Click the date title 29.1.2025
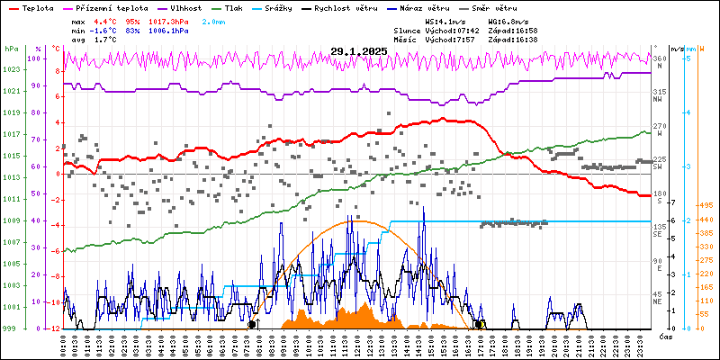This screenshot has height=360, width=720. (x=358, y=51)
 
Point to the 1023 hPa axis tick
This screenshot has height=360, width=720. (x=11, y=69)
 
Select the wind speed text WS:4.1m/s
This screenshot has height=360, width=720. (x=446, y=21)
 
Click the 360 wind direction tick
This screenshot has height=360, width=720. (x=660, y=58)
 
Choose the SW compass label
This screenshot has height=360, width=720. (x=658, y=167)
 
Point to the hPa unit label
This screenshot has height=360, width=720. (x=11, y=49)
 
